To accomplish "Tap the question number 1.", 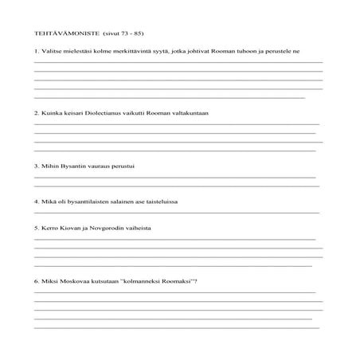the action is [x=37, y=52].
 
